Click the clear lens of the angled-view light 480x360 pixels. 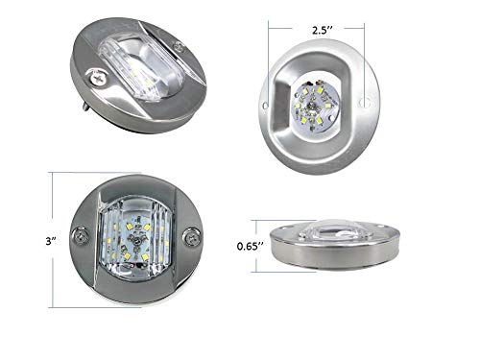(134, 67)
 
